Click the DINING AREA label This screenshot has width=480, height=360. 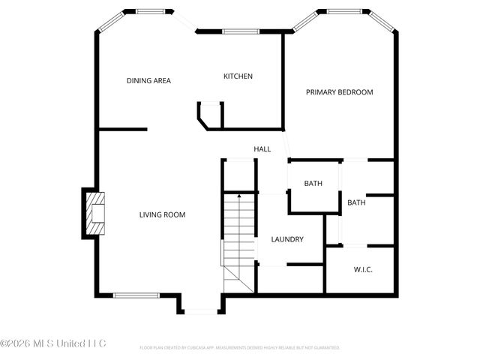[148, 80]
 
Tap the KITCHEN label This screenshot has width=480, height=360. [238, 76]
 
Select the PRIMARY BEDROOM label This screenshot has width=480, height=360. [339, 92]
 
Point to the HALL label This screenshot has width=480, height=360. [262, 149]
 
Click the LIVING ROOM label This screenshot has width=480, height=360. [162, 215]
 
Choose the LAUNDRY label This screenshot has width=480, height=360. [286, 239]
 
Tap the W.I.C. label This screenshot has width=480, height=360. [363, 270]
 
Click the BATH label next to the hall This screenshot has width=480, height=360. [313, 184]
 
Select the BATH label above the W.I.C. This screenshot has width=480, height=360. [356, 202]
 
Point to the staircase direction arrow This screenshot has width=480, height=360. [239, 196]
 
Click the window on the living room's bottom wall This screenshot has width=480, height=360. [136, 295]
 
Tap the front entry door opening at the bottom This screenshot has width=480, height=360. [202, 310]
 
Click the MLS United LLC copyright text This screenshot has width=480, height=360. [53, 343]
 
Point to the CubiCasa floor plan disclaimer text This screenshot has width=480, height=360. [239, 348]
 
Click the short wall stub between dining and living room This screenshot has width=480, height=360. [122, 130]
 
